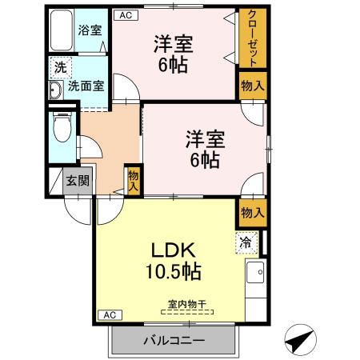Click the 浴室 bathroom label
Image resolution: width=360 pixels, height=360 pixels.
click(90, 30)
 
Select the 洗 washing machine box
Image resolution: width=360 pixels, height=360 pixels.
click(59, 69)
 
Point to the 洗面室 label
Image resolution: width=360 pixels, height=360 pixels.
click(86, 86)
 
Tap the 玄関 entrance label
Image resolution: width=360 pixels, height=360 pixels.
click(78, 181)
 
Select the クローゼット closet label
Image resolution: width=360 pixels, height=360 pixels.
click(252, 38)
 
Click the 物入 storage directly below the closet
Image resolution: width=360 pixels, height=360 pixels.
click(252, 86)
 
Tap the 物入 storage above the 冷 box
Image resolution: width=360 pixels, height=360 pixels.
click(252, 212)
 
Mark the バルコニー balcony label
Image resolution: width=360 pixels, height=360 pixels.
click(174, 341)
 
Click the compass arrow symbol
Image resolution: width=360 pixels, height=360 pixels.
click(298, 341)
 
